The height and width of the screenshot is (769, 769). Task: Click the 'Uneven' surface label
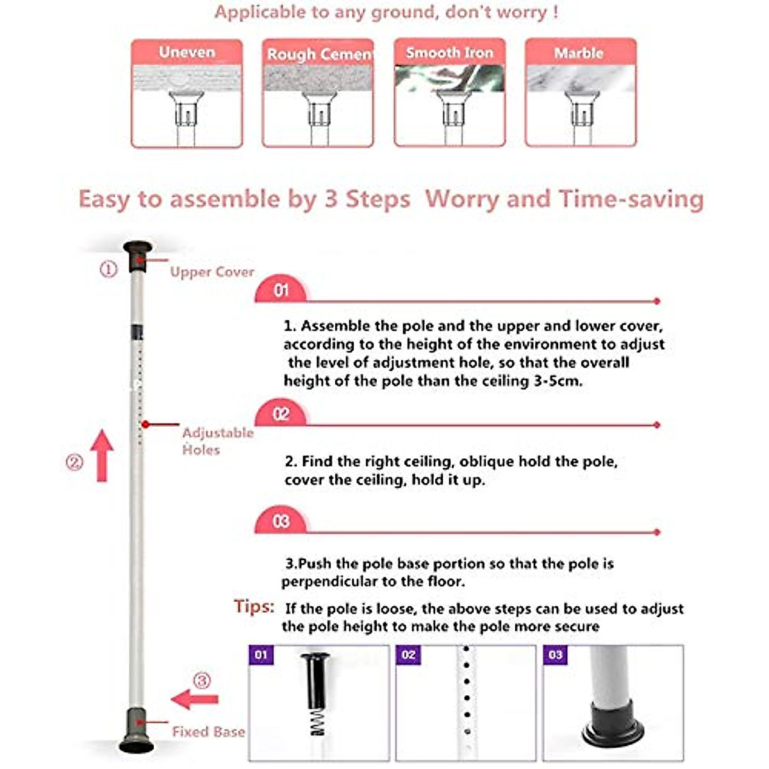tap(186, 52)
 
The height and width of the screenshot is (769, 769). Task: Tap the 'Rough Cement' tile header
tap(318, 54)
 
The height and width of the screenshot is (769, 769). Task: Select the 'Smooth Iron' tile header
tap(449, 53)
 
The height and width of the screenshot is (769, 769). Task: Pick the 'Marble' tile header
tap(579, 53)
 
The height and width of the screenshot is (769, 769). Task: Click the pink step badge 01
tap(281, 290)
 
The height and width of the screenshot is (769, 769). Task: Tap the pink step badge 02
tap(281, 414)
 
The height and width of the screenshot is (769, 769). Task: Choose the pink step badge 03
tap(281, 522)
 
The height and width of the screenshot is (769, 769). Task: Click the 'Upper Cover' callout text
tap(212, 272)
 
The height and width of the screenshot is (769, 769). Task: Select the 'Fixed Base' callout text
tap(208, 731)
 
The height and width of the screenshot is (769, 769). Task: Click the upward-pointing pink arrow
tap(101, 456)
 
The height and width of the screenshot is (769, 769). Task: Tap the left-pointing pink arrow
tap(195, 699)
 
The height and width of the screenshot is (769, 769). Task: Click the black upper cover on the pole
tap(138, 256)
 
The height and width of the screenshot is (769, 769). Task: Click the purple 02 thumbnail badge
tap(408, 655)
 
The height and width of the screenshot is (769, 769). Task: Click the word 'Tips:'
tap(254, 606)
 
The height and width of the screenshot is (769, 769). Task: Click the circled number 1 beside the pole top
tap(108, 270)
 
